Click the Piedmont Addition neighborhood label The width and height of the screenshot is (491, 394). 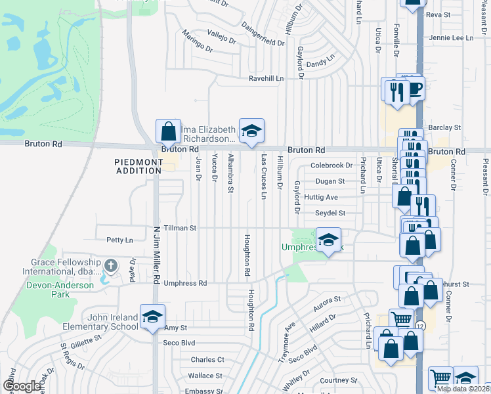[x=139, y=166]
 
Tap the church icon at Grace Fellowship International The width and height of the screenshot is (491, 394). [x=111, y=266]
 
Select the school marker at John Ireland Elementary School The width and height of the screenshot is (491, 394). [x=152, y=317]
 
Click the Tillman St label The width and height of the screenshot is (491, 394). [x=181, y=228]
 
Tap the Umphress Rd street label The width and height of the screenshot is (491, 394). [x=185, y=284]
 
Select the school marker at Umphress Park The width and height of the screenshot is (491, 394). [x=328, y=239]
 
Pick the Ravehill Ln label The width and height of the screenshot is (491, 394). [x=265, y=79]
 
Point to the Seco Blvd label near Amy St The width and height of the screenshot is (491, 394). [x=179, y=343]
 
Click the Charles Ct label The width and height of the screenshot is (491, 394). [x=207, y=360]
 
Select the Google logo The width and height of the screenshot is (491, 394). [x=22, y=385]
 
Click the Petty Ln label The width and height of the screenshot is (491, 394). [x=119, y=240]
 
